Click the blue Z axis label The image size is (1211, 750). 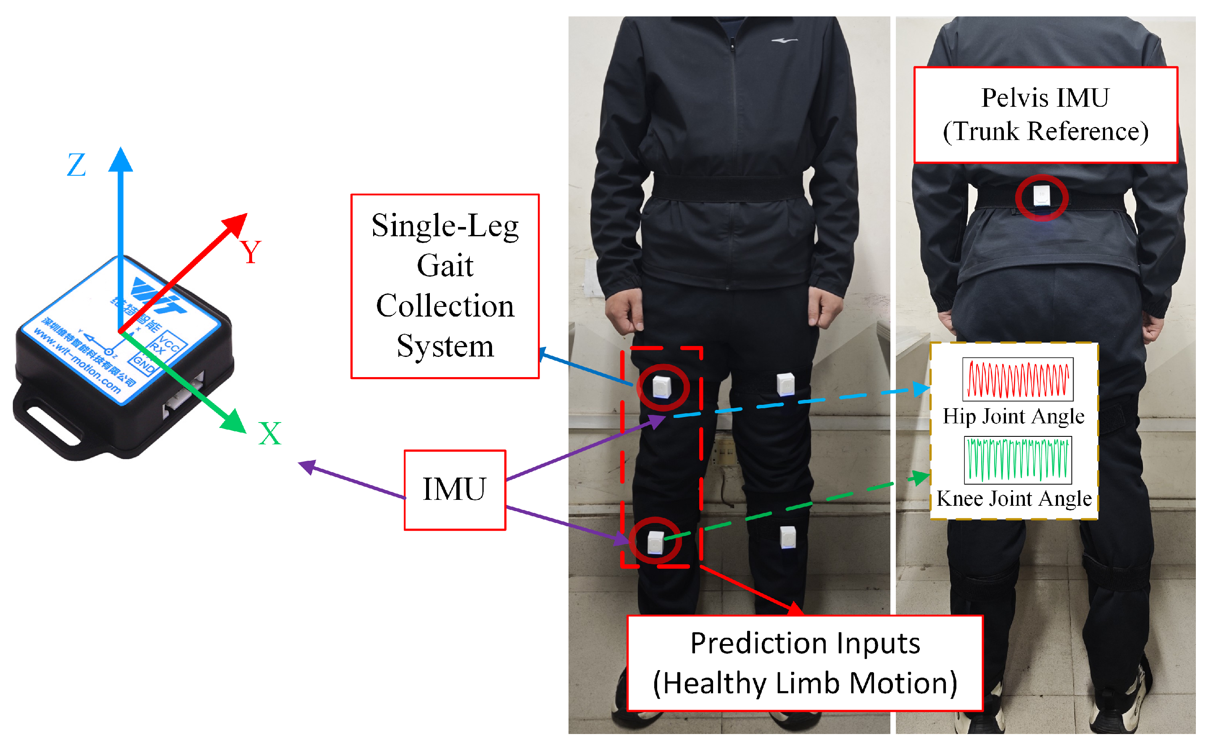click(76, 165)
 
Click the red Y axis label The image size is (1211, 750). click(250, 252)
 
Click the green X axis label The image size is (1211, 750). click(270, 433)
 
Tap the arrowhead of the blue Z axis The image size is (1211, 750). click(121, 160)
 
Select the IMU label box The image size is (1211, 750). click(455, 490)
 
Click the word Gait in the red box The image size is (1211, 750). click(445, 265)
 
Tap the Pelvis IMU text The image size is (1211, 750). click(1045, 98)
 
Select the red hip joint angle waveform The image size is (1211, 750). click(1018, 380)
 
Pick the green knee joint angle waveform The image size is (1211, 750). click(1018, 460)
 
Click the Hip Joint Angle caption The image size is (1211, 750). click(1013, 417)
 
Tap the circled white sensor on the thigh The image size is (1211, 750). click(662, 387)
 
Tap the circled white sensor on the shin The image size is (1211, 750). click(656, 542)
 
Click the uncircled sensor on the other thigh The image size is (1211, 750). click(786, 384)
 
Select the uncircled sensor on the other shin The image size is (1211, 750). click(788, 537)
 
